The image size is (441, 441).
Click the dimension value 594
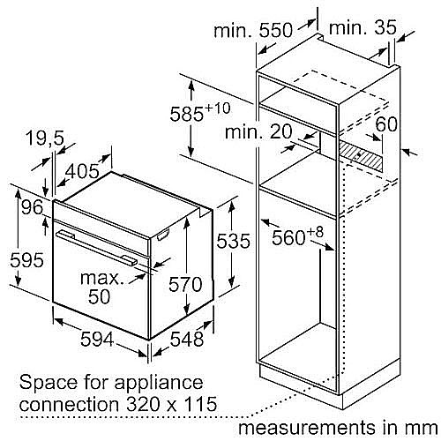click(x=97, y=339)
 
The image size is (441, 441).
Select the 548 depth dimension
click(x=187, y=339)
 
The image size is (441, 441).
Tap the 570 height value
click(x=185, y=285)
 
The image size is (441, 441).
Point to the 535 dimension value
click(x=234, y=241)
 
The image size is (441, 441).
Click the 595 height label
click(x=26, y=260)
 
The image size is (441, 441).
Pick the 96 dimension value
click(x=32, y=207)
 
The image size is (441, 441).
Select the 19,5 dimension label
click(x=45, y=138)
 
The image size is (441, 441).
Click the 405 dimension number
click(x=83, y=170)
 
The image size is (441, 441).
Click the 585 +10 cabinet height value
click(x=200, y=111)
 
